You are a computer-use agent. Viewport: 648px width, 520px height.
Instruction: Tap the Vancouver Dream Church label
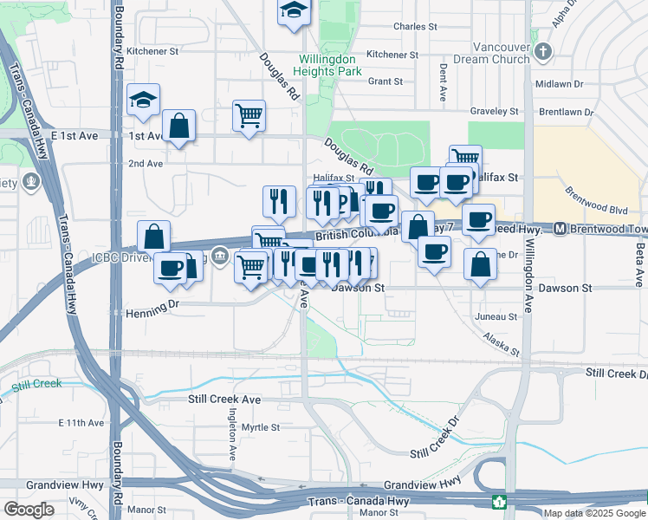click(500, 53)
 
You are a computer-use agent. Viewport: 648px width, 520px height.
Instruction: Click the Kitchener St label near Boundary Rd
click(152, 51)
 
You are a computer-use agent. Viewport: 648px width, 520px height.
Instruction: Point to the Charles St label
click(415, 27)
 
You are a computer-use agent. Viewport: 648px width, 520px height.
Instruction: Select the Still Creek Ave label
click(224, 400)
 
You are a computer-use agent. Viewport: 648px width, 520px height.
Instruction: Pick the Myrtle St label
click(261, 427)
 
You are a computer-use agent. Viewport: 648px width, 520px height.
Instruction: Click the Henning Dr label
click(152, 304)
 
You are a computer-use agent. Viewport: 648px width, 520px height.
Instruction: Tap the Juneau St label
click(496, 317)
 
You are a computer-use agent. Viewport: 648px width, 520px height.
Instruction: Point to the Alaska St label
click(502, 345)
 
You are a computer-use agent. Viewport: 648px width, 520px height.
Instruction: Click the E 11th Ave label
click(81, 423)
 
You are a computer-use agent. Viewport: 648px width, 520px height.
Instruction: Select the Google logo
click(28, 510)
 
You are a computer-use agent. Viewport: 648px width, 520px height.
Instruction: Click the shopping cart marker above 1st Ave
click(249, 114)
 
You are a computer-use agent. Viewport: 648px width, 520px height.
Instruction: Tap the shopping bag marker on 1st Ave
click(178, 126)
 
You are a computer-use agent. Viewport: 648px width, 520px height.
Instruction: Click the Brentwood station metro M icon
click(561, 229)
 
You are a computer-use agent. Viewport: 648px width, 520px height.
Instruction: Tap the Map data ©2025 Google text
click(594, 513)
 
